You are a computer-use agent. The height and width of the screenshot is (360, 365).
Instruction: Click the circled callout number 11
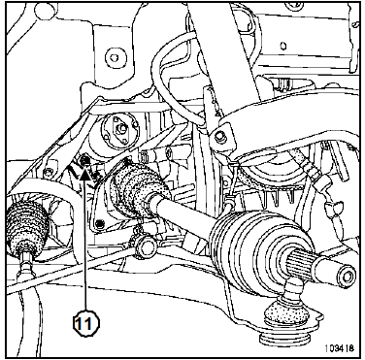click(x=86, y=322)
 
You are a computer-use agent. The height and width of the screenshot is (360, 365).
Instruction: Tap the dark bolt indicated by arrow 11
click(x=84, y=159)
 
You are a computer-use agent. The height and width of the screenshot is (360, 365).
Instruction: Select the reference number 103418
click(x=339, y=348)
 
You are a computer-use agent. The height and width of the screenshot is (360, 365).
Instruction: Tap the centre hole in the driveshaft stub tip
click(x=347, y=277)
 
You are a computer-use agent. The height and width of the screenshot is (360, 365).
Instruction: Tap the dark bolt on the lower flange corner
click(x=100, y=223)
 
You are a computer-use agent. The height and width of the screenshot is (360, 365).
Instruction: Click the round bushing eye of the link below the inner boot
click(x=147, y=247)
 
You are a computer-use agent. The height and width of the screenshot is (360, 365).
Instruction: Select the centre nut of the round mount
click(x=122, y=129)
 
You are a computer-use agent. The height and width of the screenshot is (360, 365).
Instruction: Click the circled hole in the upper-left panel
click(x=115, y=58)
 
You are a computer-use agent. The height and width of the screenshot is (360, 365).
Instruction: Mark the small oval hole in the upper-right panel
click(x=283, y=46)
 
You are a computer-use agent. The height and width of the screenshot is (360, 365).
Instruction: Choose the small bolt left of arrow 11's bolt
click(x=48, y=173)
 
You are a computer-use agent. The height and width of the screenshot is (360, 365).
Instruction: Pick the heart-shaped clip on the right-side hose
click(x=333, y=205)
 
